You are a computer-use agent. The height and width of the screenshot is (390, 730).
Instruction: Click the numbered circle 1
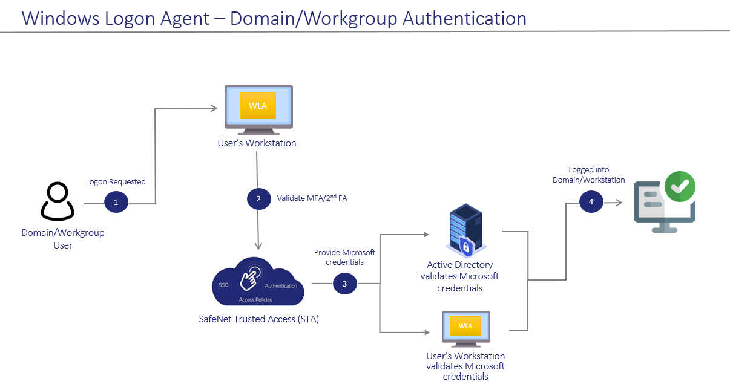116,202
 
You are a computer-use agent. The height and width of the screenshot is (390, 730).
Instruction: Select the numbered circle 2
258,198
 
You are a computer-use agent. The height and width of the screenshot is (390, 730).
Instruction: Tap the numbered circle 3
345,284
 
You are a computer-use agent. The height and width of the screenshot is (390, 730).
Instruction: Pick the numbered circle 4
591,202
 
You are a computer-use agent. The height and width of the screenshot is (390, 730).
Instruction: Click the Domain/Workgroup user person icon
58,201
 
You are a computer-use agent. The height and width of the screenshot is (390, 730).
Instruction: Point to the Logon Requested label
116,181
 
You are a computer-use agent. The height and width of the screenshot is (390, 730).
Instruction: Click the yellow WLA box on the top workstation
258,105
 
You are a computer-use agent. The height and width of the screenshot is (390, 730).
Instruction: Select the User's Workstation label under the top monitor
257,143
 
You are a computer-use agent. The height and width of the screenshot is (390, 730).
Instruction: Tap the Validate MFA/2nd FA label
312,198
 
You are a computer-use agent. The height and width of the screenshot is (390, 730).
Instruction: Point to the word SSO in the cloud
223,285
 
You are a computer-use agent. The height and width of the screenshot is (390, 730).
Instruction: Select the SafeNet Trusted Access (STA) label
258,319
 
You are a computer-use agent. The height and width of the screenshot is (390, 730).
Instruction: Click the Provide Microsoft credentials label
344,257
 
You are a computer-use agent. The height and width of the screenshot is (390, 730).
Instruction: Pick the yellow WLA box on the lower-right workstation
465,326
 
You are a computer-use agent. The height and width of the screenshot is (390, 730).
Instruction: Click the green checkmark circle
680,187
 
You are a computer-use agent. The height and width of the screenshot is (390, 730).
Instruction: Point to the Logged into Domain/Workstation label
588,175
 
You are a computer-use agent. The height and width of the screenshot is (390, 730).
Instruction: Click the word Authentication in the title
464,19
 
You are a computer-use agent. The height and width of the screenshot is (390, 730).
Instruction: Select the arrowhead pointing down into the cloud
258,245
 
